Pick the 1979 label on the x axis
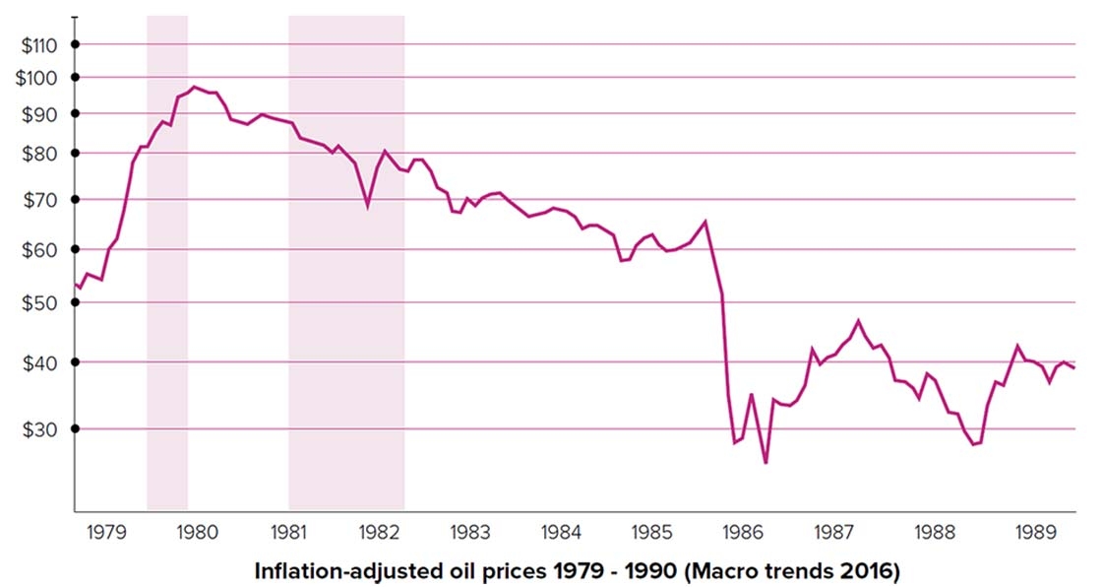[x=106, y=533]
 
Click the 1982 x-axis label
[x=379, y=533]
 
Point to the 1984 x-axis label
[x=561, y=533]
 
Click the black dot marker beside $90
[x=75, y=113]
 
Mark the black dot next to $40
[x=75, y=361]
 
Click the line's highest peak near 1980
[x=194, y=87]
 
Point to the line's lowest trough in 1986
[x=765, y=462]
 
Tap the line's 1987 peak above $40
[x=858, y=321]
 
